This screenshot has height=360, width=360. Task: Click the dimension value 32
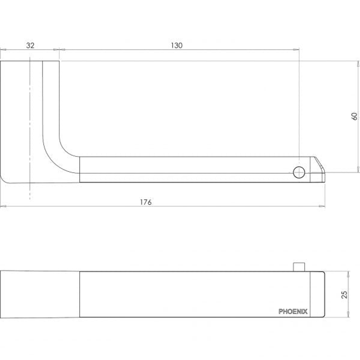click(x=30, y=45)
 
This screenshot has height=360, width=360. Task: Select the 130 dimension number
click(x=177, y=45)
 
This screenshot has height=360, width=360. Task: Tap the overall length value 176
click(x=146, y=202)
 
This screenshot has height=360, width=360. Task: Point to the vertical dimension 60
click(x=354, y=116)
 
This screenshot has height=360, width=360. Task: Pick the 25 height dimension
click(x=344, y=295)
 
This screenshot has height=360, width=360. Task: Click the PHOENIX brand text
click(x=293, y=312)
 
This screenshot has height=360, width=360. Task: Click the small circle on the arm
click(x=299, y=172)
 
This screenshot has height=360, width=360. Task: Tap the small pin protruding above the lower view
click(x=299, y=267)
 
